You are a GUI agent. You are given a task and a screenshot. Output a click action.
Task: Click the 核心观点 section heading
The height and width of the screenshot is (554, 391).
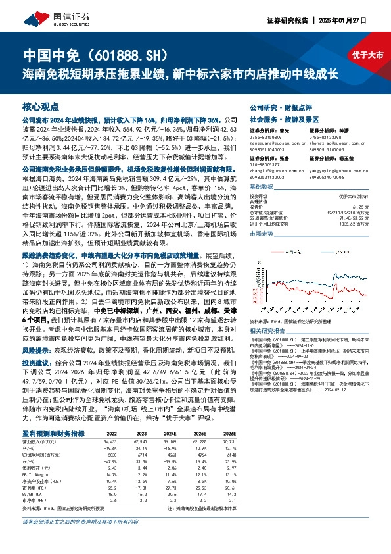pos(41,106)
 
